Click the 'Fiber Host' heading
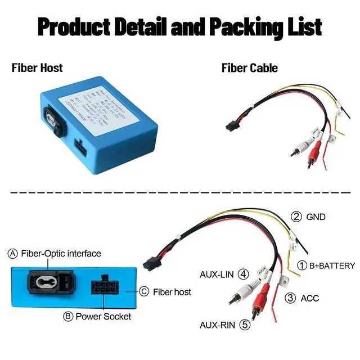tap(37, 69)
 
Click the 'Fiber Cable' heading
tap(249, 69)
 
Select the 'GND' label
tap(316, 217)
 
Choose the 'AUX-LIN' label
tap(218, 275)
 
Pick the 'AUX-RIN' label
tap(218, 325)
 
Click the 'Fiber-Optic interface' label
tap(61, 254)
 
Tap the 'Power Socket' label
tap(103, 317)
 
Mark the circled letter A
tap(13, 254)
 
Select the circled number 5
tap(244, 325)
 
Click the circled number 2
tap(296, 217)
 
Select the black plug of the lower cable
tap(151, 262)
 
